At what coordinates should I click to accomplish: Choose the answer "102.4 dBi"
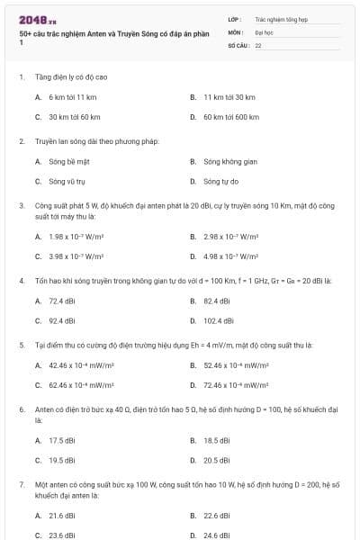(x=219, y=320)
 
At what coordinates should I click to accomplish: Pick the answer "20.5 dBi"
(x=217, y=460)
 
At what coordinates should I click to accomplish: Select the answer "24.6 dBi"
(x=217, y=535)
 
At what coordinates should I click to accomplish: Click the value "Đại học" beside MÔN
(x=264, y=31)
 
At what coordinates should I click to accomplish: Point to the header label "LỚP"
(x=234, y=18)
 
